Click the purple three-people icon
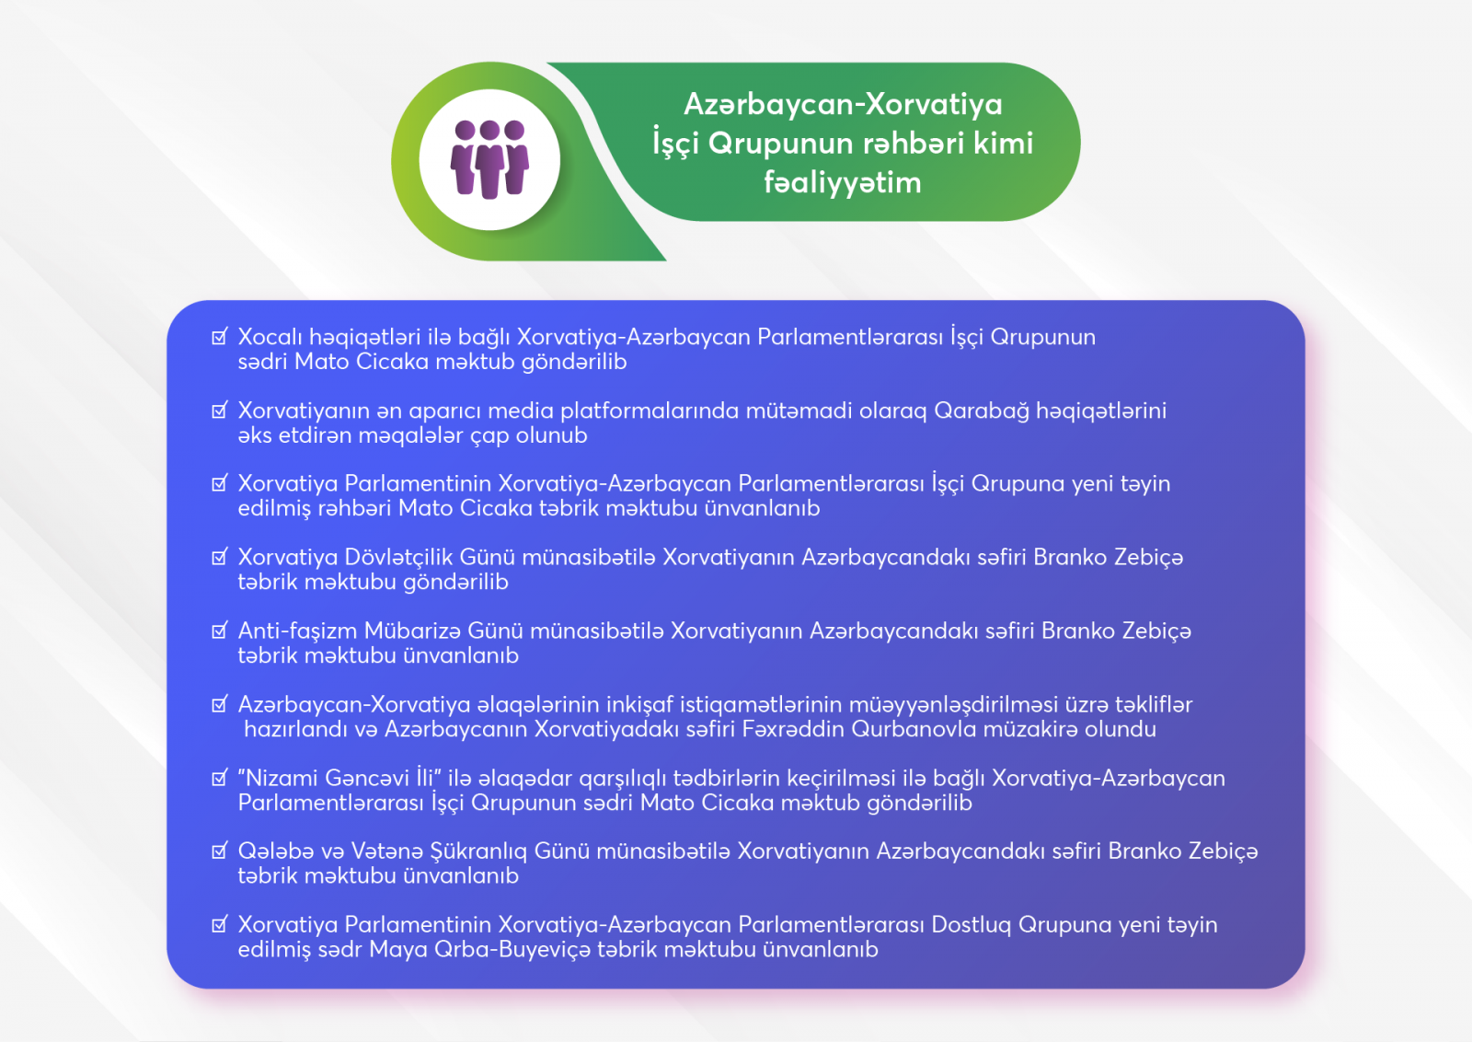click(489, 159)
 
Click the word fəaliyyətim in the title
click(843, 182)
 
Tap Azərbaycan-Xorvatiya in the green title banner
click(843, 104)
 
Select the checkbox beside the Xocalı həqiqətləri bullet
click(220, 337)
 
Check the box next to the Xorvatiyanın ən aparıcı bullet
click(220, 411)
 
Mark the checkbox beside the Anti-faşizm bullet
click(220, 631)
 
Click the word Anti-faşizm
click(297, 631)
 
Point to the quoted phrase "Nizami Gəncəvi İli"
click(339, 778)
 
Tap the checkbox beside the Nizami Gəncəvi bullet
click(220, 778)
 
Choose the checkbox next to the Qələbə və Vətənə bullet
click(220, 851)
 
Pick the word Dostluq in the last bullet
click(972, 925)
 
